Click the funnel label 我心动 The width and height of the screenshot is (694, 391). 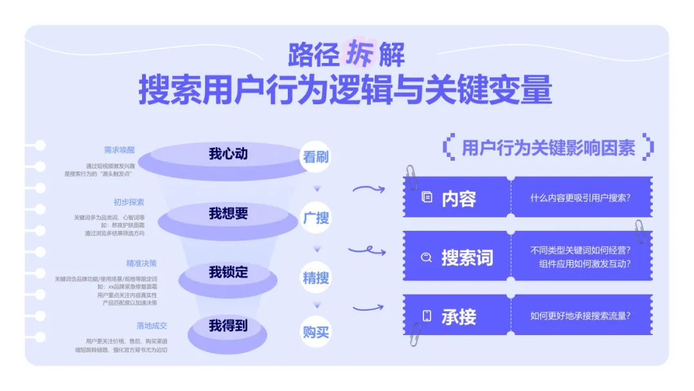[x=228, y=154]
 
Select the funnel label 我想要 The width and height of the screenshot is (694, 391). [x=228, y=214]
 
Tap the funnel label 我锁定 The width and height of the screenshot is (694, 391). [x=228, y=273]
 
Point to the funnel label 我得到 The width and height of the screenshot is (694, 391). [x=228, y=326]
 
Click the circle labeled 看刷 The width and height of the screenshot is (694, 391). [x=316, y=157]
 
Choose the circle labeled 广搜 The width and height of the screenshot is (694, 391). [x=316, y=218]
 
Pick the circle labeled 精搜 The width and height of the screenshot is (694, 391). [x=316, y=278]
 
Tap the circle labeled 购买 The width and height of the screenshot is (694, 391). [x=316, y=332]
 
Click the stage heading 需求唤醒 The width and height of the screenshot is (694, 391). [x=120, y=150]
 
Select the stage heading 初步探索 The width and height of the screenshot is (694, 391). [x=129, y=202]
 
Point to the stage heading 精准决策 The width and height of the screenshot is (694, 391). [x=141, y=264]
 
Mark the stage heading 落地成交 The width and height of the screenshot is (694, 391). [x=152, y=325]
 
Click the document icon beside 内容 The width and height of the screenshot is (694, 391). [x=427, y=198]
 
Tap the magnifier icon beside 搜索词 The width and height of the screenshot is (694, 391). [x=426, y=258]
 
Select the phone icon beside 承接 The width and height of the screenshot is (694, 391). [x=427, y=316]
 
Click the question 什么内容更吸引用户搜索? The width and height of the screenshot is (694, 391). [x=580, y=198]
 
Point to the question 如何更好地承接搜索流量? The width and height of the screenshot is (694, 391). [x=580, y=316]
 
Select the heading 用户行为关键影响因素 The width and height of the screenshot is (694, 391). [x=548, y=148]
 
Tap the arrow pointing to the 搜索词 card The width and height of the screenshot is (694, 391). [x=366, y=250]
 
